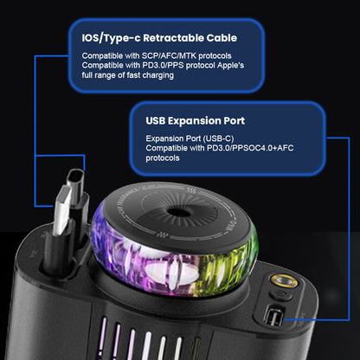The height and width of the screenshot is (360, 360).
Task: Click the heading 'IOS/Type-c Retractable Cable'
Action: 159,37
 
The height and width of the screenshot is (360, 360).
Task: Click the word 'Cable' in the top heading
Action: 221,37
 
